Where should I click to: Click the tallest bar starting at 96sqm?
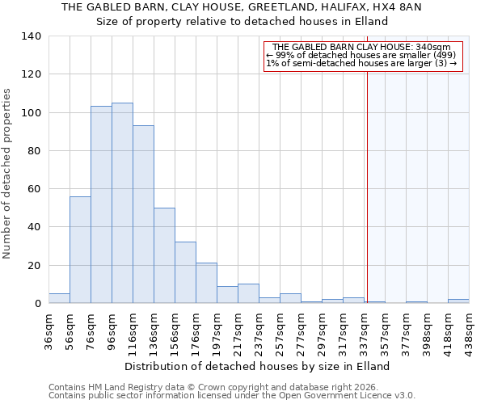tap(122, 203)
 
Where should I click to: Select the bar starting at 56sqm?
tap(80, 250)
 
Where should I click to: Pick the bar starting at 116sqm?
tap(143, 214)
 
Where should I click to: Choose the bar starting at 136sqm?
tap(164, 255)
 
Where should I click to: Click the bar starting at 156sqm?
tap(185, 272)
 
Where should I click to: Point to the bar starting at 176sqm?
tap(206, 283)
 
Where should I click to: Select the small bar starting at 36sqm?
tap(59, 298)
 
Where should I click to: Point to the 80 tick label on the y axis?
tap(34, 151)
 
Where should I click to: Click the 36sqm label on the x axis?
tap(49, 328)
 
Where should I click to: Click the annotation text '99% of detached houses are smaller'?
tap(362, 55)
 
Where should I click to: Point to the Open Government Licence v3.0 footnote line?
tap(232, 395)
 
